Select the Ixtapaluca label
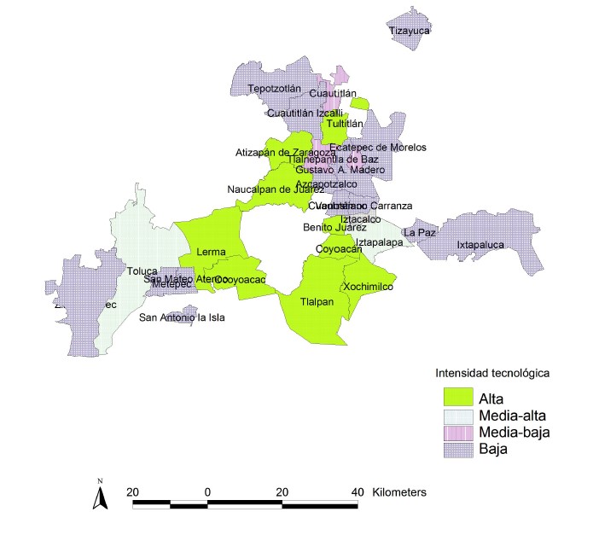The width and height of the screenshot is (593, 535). point(480,245)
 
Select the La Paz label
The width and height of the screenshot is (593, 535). point(420,232)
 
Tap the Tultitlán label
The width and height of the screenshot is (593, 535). point(342,124)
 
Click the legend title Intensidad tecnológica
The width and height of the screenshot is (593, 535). point(490,373)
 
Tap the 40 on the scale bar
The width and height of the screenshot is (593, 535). point(357,493)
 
